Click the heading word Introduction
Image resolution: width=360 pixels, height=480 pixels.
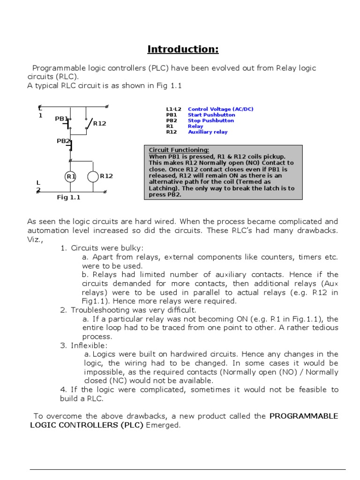coord(183,49)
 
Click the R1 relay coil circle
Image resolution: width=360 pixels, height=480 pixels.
coord(70,176)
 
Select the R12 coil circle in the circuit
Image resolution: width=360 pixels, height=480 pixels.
coord(93,176)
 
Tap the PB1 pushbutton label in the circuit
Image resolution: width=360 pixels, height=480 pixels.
coord(61,119)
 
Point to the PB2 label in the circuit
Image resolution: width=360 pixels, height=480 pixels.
coord(63,141)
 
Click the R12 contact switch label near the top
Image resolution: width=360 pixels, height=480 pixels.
coord(99,124)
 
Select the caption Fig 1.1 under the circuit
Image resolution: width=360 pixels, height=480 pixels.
coord(69,197)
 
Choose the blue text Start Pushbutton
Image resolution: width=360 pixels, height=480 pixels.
coord(211,115)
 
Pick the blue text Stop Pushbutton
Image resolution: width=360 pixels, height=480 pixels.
coord(210,120)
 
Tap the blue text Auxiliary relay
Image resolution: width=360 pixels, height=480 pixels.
coord(208,132)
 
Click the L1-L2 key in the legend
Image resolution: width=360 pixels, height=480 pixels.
coord(173,109)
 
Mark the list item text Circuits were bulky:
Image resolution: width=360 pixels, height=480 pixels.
coord(107,247)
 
